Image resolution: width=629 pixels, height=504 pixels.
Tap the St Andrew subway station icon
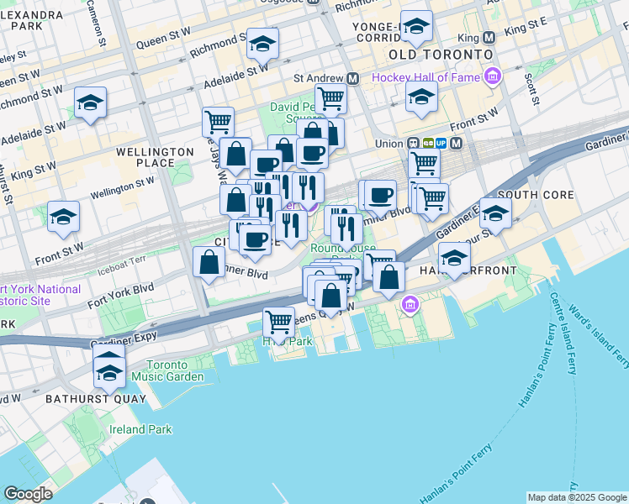353,78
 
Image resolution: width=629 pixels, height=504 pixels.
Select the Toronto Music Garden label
175,371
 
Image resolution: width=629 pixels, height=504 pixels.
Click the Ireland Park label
140,429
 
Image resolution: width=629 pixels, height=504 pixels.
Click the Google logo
28,493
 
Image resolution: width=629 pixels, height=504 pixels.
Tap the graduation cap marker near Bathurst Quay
109,363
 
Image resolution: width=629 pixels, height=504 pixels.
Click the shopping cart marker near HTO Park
278,320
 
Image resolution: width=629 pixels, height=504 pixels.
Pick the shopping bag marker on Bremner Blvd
208,262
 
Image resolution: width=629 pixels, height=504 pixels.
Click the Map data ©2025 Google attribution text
576,497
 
